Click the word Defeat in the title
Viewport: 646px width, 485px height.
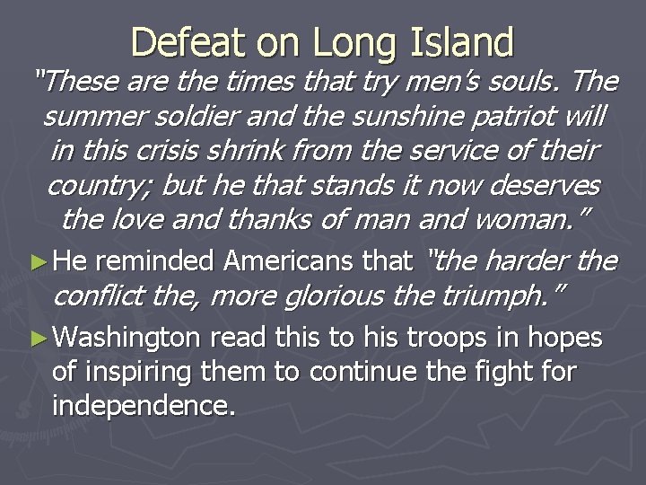(x=183, y=43)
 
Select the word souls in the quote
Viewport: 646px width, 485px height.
(x=529, y=82)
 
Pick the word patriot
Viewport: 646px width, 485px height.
(x=517, y=116)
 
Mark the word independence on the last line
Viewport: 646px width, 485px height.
(x=144, y=405)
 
